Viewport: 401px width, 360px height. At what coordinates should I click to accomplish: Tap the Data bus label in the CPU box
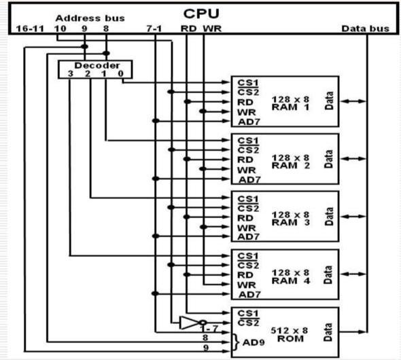[x=365, y=29]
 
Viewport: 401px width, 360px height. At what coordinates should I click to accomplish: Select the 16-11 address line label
[x=27, y=29]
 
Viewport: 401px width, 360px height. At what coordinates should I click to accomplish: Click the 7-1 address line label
[x=155, y=29]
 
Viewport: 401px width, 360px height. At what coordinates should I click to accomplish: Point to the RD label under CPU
[x=188, y=29]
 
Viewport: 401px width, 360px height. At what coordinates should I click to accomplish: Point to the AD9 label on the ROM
[x=258, y=342]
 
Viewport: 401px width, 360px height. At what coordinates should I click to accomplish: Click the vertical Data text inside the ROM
[x=330, y=333]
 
